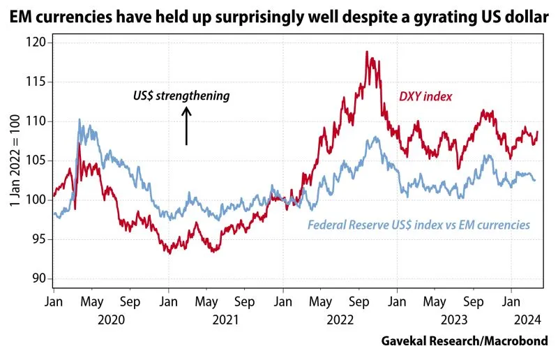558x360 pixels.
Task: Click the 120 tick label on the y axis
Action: tap(36, 43)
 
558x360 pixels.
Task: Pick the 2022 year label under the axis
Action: tap(340, 320)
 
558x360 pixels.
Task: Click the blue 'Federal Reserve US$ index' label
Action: tap(418, 225)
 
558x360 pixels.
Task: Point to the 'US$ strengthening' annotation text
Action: tap(181, 96)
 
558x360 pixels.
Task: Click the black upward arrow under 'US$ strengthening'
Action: tap(186, 126)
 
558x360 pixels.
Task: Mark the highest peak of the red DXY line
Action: tap(367, 52)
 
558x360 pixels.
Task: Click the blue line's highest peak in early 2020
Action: tap(80, 120)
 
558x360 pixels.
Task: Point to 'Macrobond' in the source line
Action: tap(516, 341)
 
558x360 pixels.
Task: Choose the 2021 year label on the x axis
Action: tap(225, 320)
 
